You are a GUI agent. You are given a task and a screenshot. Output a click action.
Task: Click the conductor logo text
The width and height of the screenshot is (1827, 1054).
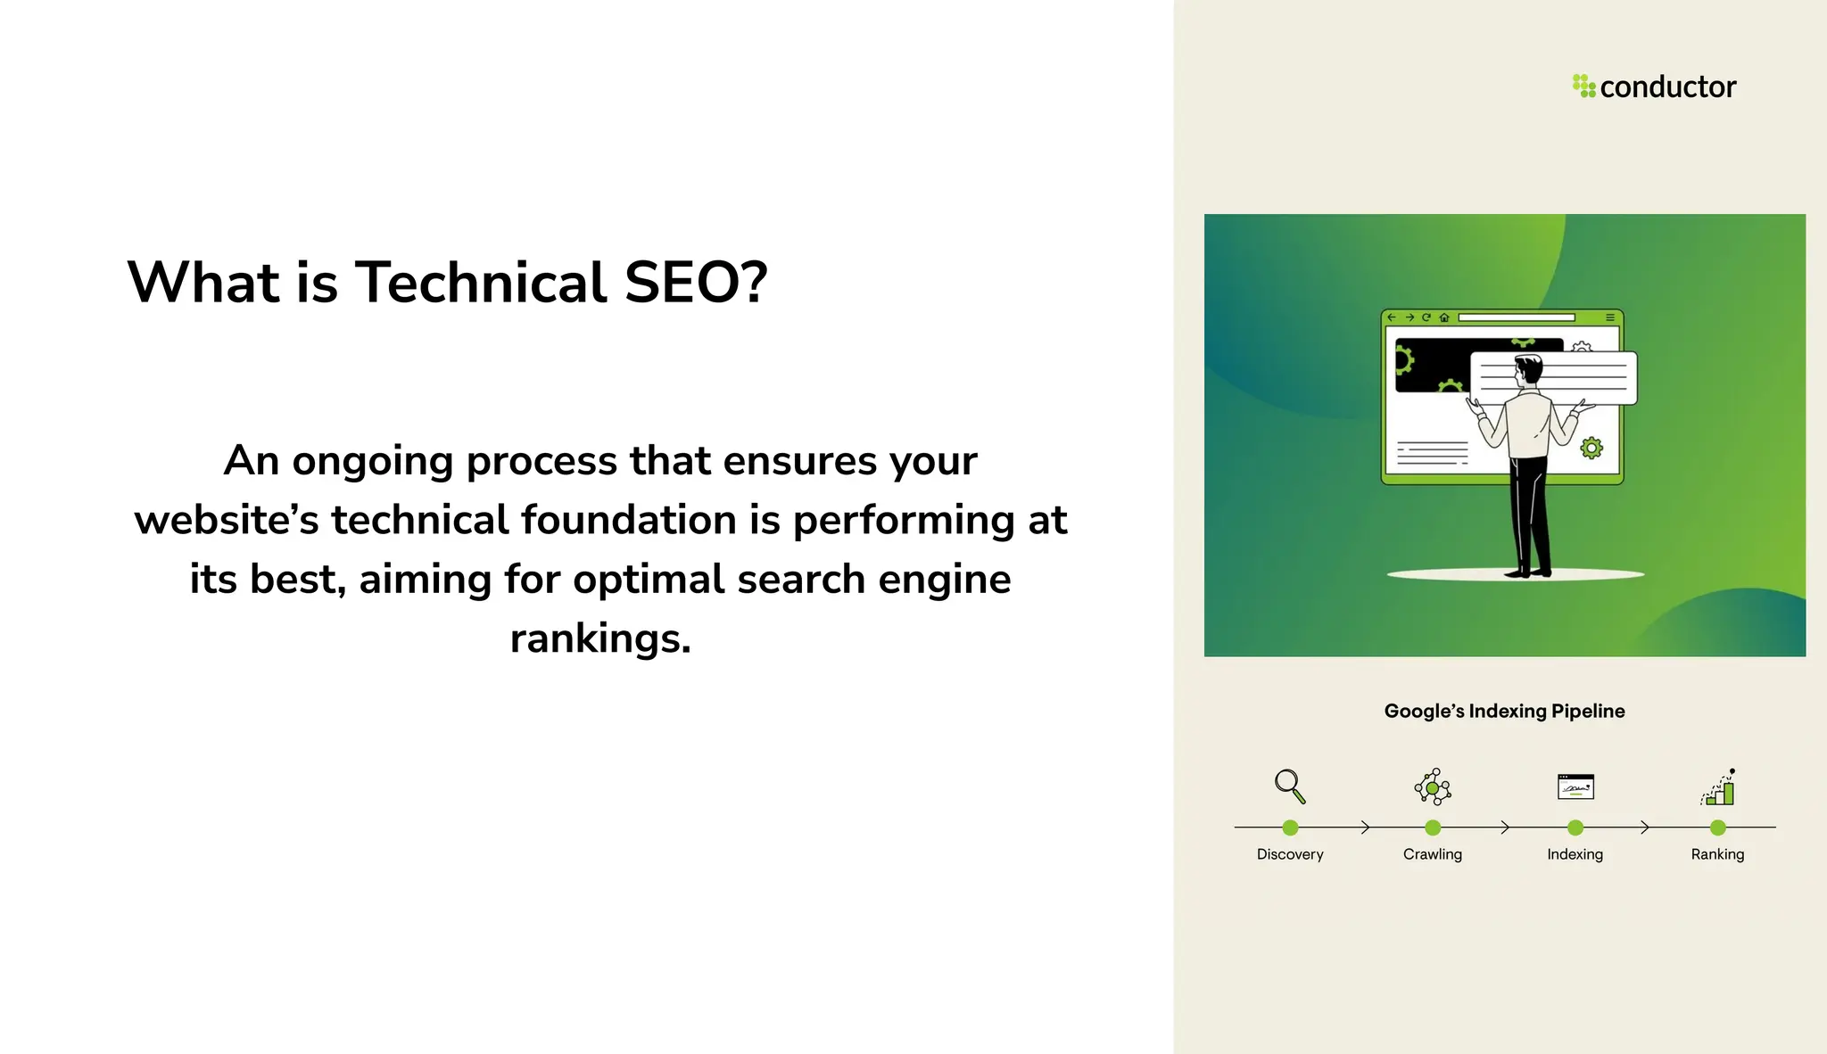1667,87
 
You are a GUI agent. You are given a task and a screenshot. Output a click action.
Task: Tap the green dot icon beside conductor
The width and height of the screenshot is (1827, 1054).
1583,86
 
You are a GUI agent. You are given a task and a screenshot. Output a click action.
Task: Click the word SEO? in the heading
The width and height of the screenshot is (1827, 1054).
696,283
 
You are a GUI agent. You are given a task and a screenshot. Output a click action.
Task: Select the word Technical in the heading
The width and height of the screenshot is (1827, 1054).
482,283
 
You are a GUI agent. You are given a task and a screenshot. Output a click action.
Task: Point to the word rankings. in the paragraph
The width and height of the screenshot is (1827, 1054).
600,638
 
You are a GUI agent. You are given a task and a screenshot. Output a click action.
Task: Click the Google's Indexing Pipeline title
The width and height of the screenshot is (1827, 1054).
1504,711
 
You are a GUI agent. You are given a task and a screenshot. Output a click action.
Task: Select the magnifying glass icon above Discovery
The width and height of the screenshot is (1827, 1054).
1289,786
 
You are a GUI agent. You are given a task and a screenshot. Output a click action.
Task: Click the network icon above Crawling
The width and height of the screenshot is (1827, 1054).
1432,786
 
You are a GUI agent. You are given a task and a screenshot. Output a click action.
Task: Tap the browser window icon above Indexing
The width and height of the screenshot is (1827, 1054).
1575,786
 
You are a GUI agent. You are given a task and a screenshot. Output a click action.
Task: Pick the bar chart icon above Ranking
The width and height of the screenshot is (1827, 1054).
1718,787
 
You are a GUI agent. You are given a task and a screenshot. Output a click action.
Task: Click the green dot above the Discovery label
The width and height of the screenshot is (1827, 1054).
1290,828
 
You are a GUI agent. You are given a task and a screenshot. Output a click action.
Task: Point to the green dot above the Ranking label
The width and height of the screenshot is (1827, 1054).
1717,828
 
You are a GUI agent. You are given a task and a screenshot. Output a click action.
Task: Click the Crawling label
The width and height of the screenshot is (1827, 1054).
1432,854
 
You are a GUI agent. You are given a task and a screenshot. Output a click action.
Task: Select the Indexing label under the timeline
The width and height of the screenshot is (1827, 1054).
1575,854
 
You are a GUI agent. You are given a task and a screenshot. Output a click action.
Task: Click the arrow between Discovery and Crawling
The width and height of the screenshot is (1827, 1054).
1364,828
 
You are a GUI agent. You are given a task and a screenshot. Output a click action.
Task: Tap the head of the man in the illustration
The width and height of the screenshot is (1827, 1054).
1528,369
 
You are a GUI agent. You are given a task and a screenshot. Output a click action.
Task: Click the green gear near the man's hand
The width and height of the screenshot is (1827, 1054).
1591,448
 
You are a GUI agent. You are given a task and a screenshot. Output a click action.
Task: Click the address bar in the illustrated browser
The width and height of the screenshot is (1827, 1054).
1516,317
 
